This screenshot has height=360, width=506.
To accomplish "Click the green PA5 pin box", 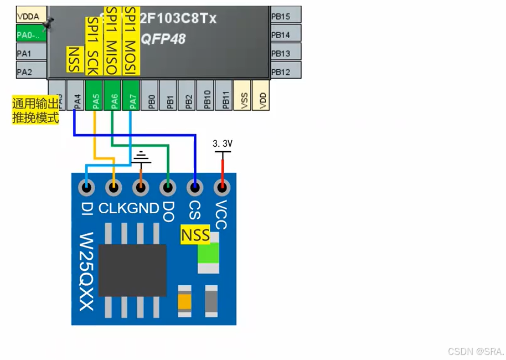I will (95, 95).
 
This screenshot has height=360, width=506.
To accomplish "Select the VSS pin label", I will (243, 95).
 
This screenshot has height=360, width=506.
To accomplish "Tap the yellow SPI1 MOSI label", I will (131, 37).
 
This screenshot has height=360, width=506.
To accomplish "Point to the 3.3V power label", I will (223, 143).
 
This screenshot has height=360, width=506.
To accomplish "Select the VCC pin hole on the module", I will (222, 188).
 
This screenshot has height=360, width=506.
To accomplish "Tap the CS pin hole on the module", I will (195, 188).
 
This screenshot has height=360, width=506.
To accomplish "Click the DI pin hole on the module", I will (87, 188).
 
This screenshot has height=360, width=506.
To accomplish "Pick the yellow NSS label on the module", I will (196, 235).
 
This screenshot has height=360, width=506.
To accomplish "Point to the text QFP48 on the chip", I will (163, 39).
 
